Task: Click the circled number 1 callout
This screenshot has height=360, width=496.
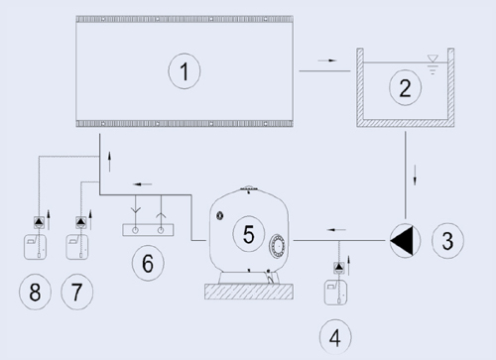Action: [185, 71]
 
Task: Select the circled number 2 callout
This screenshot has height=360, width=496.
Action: [405, 87]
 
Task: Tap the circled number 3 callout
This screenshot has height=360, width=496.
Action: [447, 240]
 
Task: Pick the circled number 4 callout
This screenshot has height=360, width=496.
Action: [335, 337]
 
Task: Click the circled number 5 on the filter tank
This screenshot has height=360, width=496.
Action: [249, 234]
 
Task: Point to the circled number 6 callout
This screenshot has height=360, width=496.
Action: [148, 263]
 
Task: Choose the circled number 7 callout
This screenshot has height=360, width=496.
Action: [76, 292]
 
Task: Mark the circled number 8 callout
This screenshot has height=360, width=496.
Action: [35, 292]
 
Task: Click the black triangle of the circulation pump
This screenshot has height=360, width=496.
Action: [402, 241]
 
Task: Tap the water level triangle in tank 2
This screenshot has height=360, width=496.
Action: [433, 59]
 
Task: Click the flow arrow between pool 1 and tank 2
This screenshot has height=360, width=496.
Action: [327, 60]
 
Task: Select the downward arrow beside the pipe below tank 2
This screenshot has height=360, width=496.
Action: [415, 176]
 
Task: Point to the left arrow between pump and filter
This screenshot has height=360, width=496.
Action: [336, 230]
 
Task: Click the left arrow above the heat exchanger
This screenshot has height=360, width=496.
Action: [142, 184]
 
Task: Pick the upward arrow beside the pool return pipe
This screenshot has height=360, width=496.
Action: [109, 162]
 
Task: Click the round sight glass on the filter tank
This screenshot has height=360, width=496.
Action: [278, 246]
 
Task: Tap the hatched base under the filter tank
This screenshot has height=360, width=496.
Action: [249, 292]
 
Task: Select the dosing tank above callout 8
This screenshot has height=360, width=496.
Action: [35, 247]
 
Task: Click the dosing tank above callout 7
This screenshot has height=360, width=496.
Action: [77, 247]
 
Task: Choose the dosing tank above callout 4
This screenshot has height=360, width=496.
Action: [335, 293]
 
